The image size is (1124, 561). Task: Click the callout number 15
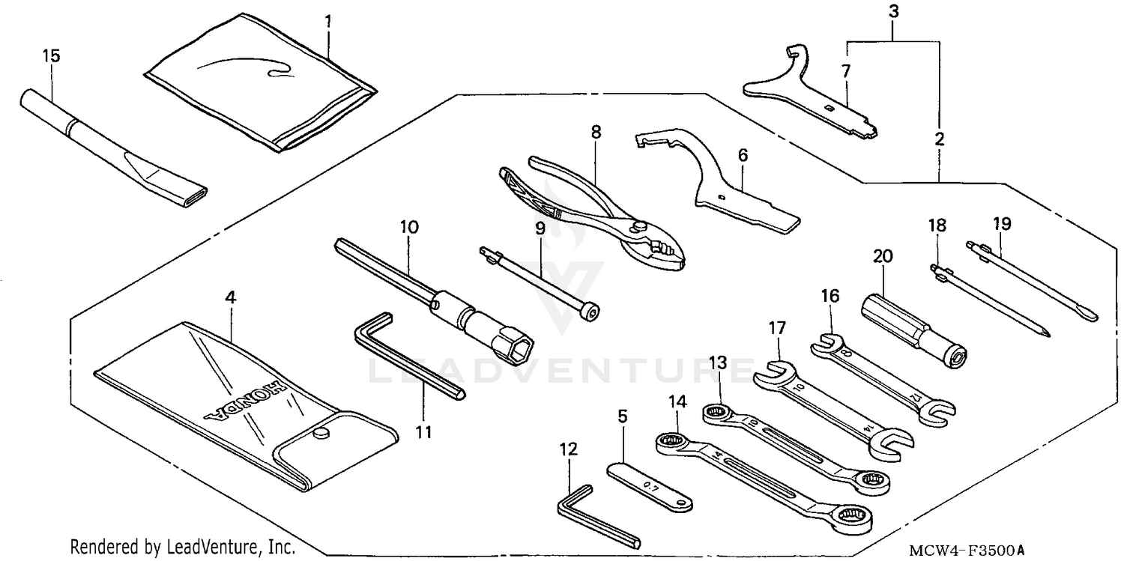point(51,56)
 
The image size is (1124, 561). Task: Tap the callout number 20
point(883,256)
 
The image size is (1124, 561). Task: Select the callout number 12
point(569,449)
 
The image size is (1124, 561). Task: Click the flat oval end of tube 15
point(188,197)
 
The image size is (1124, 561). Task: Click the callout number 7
point(845,72)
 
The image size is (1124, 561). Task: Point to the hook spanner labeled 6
point(719,187)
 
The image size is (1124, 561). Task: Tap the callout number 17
point(776,327)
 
